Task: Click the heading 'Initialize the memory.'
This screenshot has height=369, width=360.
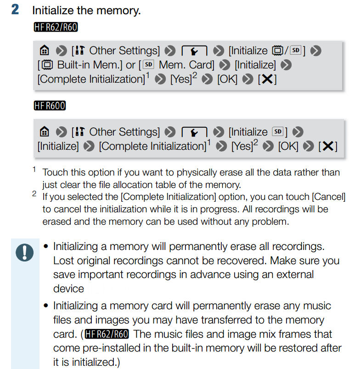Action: coord(86,11)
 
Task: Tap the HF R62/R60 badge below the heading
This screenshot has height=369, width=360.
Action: coord(56,28)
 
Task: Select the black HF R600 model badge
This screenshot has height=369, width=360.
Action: coord(50,106)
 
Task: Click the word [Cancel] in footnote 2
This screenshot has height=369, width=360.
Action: coord(328,197)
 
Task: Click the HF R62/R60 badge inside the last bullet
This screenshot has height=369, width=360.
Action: coord(110,334)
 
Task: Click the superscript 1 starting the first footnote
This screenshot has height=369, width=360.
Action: coord(34,170)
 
